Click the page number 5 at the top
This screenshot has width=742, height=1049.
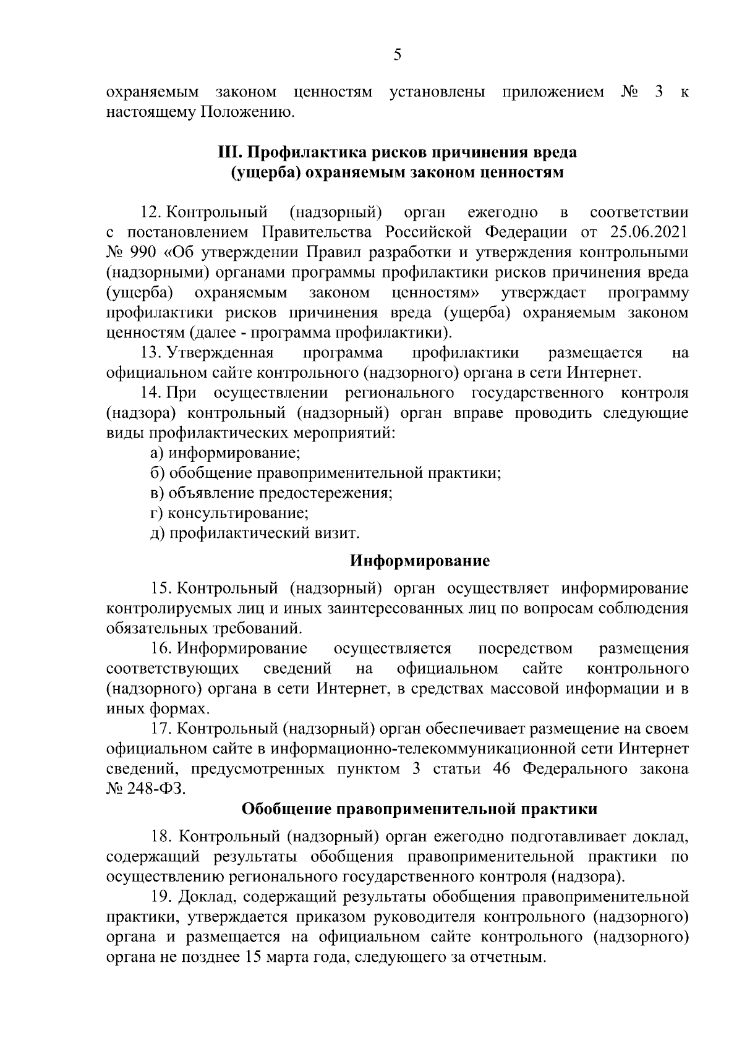(397, 55)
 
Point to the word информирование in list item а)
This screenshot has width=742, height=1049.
(235, 453)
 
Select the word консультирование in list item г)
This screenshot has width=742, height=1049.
(238, 513)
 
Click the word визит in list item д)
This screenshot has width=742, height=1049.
(338, 533)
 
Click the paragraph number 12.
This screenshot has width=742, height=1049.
(151, 213)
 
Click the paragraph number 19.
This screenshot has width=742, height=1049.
(163, 897)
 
